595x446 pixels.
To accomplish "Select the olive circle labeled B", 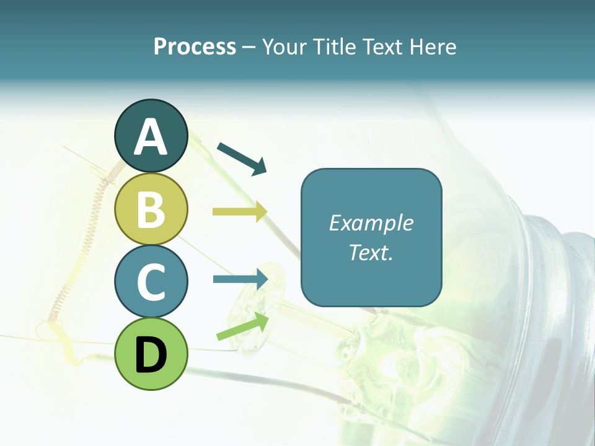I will coord(151,209).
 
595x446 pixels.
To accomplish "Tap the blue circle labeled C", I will coord(151,282).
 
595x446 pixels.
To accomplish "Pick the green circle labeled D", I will coord(151,354).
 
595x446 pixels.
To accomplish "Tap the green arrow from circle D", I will coord(242,326).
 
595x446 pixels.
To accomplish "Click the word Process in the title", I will coord(195,47).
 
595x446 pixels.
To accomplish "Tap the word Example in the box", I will coord(371,223).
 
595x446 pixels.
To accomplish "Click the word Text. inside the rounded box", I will coord(371,252).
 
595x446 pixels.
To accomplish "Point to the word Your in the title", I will coord(285,47).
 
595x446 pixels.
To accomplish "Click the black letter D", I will coord(151,356).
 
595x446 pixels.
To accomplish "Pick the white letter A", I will coord(151,138).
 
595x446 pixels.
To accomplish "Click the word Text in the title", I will coord(380,47).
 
